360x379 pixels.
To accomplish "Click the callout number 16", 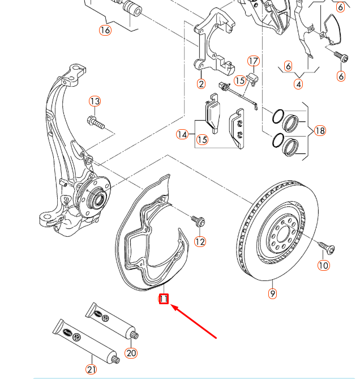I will click(x=105, y=30).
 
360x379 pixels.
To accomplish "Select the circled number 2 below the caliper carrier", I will click(x=201, y=84).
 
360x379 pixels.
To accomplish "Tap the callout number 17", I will click(x=253, y=61).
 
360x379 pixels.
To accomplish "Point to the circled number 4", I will click(x=298, y=84).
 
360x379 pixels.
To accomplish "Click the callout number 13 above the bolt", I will click(x=95, y=101).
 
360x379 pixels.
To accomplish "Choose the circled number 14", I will click(x=182, y=134).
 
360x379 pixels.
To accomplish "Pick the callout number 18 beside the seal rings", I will click(x=320, y=131).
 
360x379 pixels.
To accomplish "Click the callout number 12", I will click(x=200, y=242).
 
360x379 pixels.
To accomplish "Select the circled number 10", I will click(x=323, y=265).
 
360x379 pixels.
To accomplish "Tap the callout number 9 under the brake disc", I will click(x=273, y=293).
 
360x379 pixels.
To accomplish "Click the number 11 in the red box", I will click(x=164, y=298).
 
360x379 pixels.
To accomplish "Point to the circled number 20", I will click(x=131, y=353).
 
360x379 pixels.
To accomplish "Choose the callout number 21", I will click(x=91, y=369).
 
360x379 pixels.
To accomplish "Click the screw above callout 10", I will click(x=326, y=246).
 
